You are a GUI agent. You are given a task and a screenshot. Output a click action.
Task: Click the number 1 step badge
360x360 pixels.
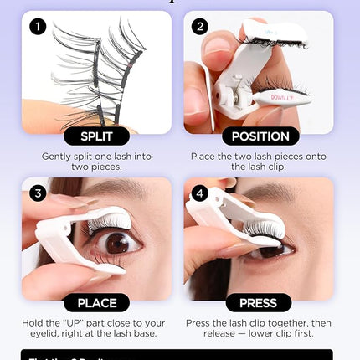pos(37,27)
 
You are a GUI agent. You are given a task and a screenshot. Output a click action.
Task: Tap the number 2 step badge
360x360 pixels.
pos(200,27)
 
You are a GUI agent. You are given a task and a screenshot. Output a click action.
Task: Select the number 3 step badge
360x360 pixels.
pos(37,193)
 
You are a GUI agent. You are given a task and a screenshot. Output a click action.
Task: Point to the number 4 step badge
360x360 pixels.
pos(200,193)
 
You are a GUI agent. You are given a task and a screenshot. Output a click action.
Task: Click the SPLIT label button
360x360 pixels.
pos(95,136)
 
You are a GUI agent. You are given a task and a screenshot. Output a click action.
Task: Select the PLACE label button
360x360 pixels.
pos(95,302)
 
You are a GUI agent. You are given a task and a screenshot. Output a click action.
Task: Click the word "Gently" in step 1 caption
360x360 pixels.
pos(57,156)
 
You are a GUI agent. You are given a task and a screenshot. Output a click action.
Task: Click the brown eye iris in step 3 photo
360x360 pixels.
pos(117,242)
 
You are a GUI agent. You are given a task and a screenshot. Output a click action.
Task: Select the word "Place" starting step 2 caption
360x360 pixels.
pos(206,156)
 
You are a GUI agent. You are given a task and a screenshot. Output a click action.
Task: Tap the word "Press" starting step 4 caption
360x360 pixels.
pos(206,322)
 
